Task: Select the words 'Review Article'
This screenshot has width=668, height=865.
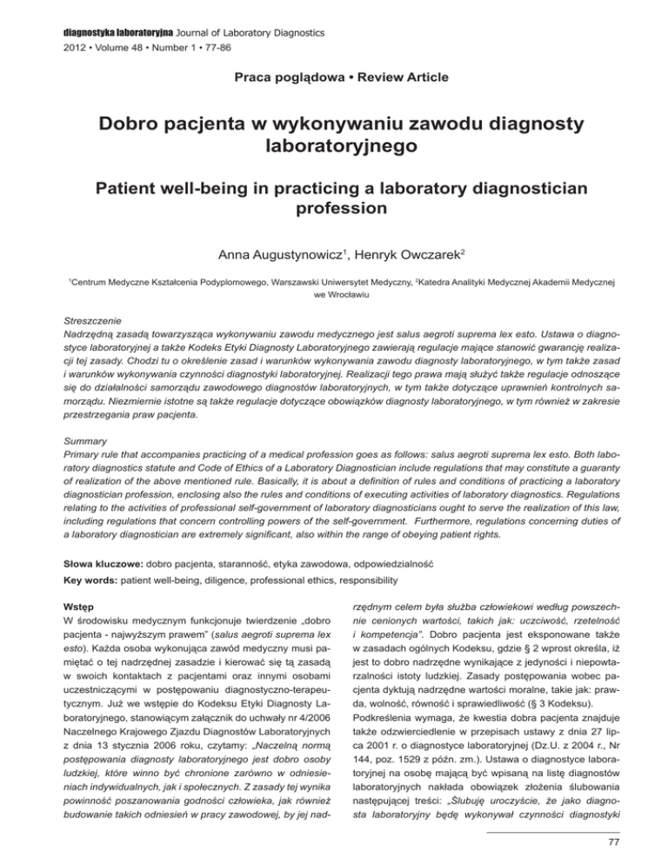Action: [x=389, y=78]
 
